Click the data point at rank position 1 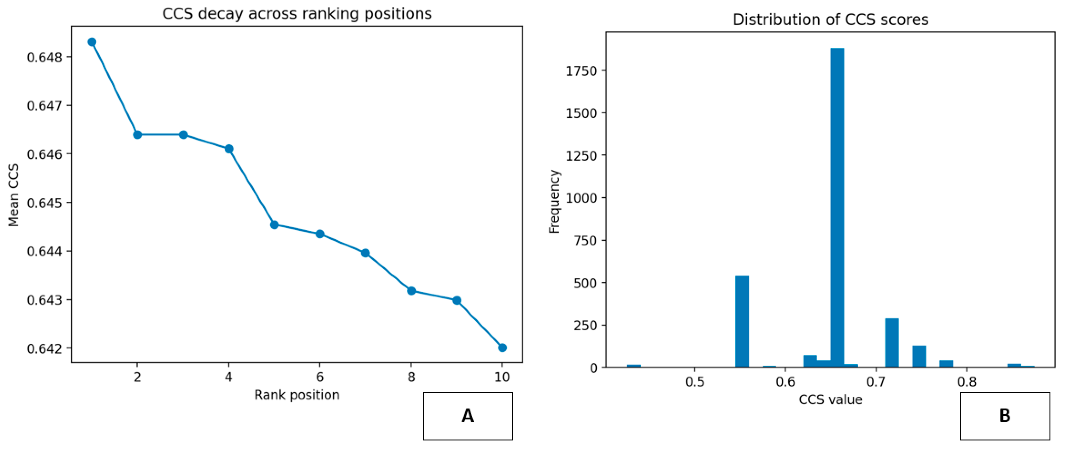coord(92,42)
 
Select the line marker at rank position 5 coord(274,225)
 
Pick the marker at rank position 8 coord(411,291)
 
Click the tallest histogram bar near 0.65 coord(837,207)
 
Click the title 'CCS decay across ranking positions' coord(297,14)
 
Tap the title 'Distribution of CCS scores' coord(830,20)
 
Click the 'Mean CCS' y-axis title coord(14,195)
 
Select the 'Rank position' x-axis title coord(297,395)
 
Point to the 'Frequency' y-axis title coord(554,201)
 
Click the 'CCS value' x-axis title coord(830,399)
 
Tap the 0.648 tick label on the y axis coord(45,57)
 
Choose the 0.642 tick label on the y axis coord(45,348)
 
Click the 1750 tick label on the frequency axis coord(581,71)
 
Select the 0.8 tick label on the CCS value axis coord(967,381)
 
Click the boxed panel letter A coord(468,416)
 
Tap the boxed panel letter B coord(1005,416)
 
